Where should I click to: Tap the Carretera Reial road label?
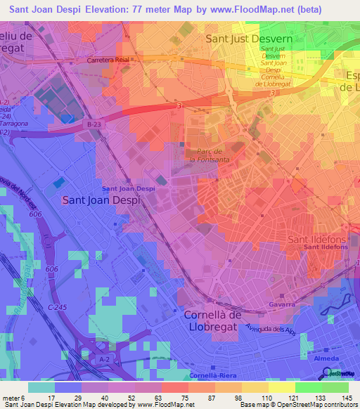pyautogui.click(x=110, y=60)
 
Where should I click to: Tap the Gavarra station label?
pyautogui.click(x=281, y=306)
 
